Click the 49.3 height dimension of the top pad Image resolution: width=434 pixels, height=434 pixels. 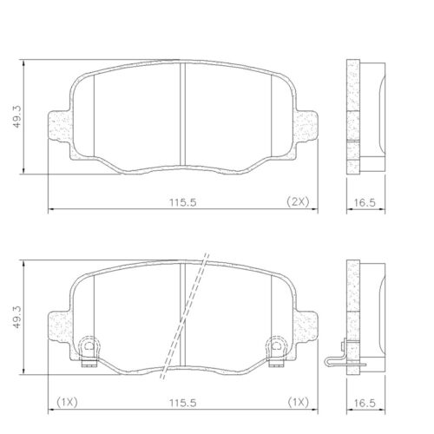point(16,116)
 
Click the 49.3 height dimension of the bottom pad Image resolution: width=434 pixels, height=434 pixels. point(16,317)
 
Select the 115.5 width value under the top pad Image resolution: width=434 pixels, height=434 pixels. point(183,202)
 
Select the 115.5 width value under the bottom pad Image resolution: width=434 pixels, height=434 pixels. point(183,403)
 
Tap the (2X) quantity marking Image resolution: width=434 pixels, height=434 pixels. point(298,201)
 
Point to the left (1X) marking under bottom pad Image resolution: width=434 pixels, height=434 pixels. point(67,402)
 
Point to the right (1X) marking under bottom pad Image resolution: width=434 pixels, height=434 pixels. point(299,402)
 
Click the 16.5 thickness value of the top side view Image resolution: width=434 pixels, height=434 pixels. point(365,202)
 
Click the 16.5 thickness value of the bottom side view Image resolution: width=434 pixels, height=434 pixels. point(365,403)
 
